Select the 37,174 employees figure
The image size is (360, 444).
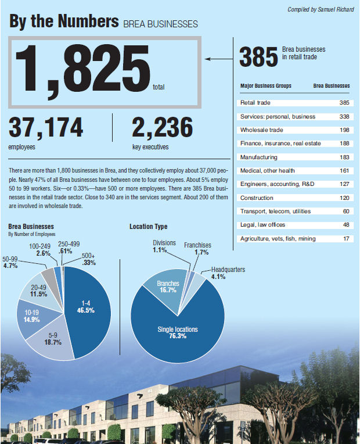click(x=46, y=127)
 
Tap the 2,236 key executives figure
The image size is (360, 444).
click(x=162, y=127)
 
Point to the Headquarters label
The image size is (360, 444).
click(x=228, y=270)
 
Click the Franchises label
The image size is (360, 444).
click(x=197, y=245)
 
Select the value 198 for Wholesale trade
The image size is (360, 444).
click(x=344, y=130)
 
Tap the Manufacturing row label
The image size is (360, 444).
click(x=258, y=157)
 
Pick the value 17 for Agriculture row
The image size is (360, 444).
click(x=346, y=239)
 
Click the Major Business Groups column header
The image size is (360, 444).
click(x=266, y=86)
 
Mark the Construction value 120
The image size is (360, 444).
click(x=344, y=198)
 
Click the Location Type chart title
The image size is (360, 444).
click(x=148, y=226)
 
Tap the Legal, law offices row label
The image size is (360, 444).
click(x=262, y=225)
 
